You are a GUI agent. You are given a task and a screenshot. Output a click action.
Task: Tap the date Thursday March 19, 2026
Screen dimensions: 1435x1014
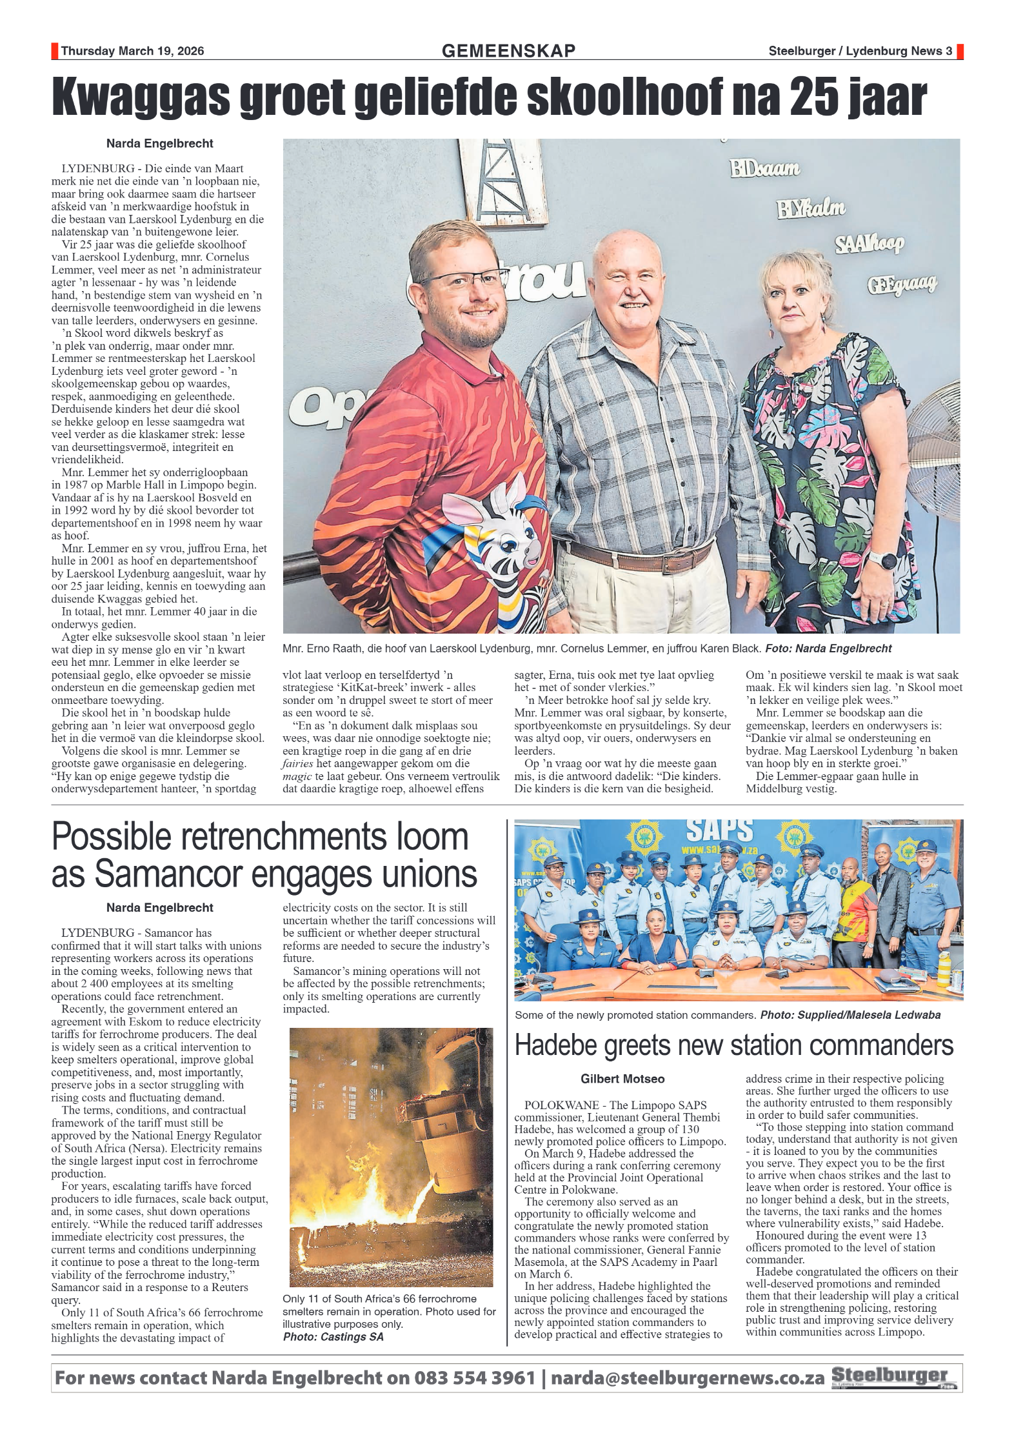click(132, 52)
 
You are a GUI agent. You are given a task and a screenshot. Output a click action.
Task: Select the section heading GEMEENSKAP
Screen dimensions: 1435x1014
click(508, 51)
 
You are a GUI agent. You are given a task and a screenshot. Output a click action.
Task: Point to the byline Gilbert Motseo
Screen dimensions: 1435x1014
click(622, 1079)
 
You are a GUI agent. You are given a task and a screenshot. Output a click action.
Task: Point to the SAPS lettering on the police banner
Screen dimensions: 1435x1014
click(719, 830)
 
